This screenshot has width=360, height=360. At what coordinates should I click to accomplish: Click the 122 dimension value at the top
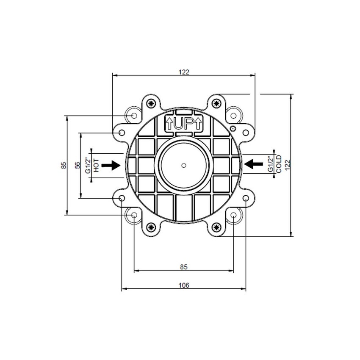pyautogui.click(x=183, y=72)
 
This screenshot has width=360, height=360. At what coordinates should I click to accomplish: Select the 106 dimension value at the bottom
pyautogui.click(x=183, y=285)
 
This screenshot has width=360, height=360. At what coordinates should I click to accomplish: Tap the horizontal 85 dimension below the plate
pyautogui.click(x=183, y=267)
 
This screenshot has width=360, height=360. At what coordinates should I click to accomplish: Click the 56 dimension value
pyautogui.click(x=77, y=165)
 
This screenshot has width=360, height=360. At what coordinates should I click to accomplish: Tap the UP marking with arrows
pyautogui.click(x=184, y=124)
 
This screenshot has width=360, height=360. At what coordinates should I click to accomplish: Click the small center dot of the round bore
pyautogui.click(x=183, y=165)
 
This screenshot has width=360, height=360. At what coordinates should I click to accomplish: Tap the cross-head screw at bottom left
pyautogui.click(x=151, y=227)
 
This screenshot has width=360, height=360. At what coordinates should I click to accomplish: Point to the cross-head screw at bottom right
pyautogui.click(x=216, y=227)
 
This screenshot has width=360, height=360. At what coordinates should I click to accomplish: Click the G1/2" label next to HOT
pyautogui.click(x=88, y=165)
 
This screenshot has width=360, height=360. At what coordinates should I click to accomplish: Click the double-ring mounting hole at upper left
pyautogui.click(x=134, y=115)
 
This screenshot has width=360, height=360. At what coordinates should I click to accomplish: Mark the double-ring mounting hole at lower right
pyautogui.click(x=234, y=215)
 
